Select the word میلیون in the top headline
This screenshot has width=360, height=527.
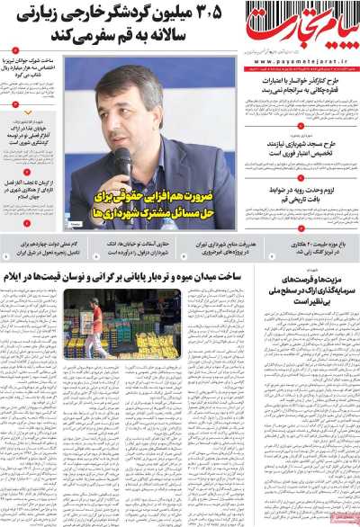[184, 14]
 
